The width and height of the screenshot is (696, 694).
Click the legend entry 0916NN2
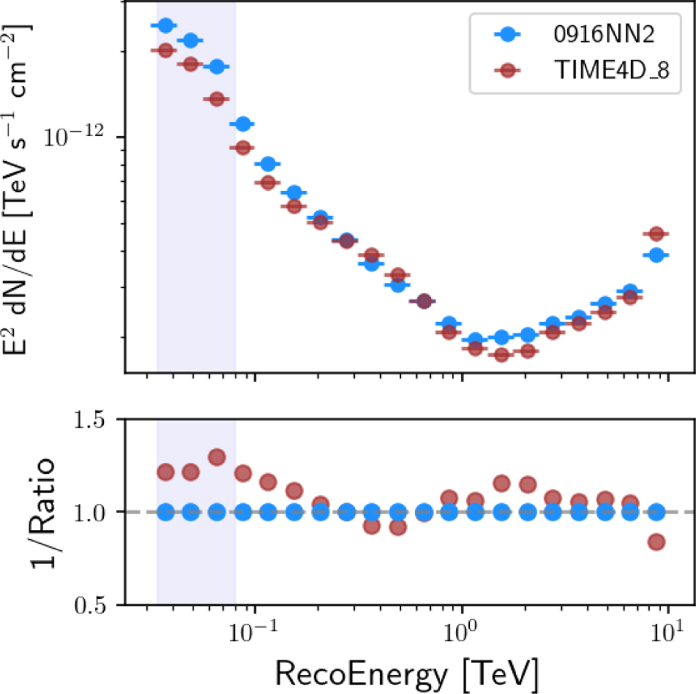pos(604,35)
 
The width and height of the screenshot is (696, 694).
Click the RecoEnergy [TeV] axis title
pos(406,673)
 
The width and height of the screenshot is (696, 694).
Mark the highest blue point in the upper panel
pos(165,26)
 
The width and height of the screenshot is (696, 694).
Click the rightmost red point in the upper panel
pos(656,234)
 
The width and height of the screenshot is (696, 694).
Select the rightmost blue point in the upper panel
pos(656,255)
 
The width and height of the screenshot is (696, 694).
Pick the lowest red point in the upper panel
pos(502,355)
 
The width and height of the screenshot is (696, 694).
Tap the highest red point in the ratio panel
pos(216,457)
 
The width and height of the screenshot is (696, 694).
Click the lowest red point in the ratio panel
pos(656,542)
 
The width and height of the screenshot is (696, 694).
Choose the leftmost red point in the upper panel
pos(165,50)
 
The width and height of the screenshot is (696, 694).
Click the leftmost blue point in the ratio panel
pos(165,512)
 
